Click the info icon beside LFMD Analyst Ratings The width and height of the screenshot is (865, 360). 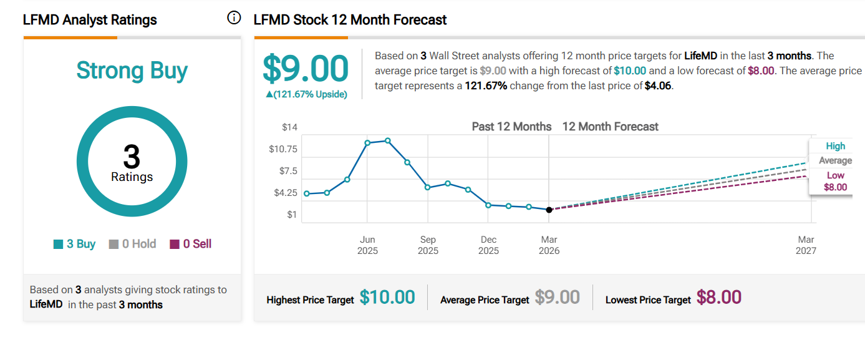[234, 18]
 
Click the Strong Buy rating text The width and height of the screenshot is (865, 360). [132, 71]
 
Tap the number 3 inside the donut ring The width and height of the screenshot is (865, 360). [132, 156]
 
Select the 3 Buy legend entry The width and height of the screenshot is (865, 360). [75, 244]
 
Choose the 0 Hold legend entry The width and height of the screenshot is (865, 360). [132, 244]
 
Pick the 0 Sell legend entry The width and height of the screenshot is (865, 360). [191, 244]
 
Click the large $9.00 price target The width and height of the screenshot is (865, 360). [305, 69]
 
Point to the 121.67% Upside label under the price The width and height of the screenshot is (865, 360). [306, 94]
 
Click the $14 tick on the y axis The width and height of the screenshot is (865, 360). [289, 127]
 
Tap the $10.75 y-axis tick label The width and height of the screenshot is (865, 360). [283, 149]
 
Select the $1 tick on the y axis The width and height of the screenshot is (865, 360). [292, 215]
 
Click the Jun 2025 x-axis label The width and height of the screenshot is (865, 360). [367, 245]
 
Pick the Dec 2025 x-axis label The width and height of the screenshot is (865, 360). [488, 245]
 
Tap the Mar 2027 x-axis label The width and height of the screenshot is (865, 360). [806, 245]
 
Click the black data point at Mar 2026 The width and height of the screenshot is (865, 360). [549, 210]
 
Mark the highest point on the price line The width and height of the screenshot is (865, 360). [388, 140]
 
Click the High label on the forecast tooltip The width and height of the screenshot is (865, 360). [835, 146]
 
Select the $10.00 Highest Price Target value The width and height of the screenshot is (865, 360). [387, 298]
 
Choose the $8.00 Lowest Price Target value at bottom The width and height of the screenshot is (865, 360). [718, 298]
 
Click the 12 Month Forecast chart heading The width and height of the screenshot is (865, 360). [610, 127]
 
